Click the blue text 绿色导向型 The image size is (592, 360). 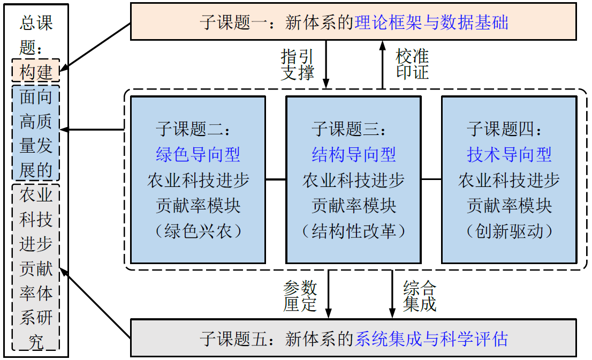click(198, 155)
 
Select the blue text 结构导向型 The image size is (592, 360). click(354, 155)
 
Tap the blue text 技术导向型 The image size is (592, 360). click(509, 155)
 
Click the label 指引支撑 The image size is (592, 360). click(298, 64)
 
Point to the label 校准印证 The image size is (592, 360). click(412, 64)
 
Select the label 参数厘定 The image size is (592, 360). click(300, 296)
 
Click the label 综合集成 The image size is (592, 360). click(420, 296)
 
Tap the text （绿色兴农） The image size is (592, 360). click(198, 231)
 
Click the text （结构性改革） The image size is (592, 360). click(354, 231)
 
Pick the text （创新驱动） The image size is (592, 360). click(509, 231)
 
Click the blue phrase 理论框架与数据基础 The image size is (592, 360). click(431, 22)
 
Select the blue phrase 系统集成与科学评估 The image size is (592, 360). click(431, 339)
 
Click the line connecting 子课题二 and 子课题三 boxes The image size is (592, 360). click(276, 179)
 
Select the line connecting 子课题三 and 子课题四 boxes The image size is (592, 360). click(431, 179)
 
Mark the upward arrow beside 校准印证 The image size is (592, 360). click(382, 64)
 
